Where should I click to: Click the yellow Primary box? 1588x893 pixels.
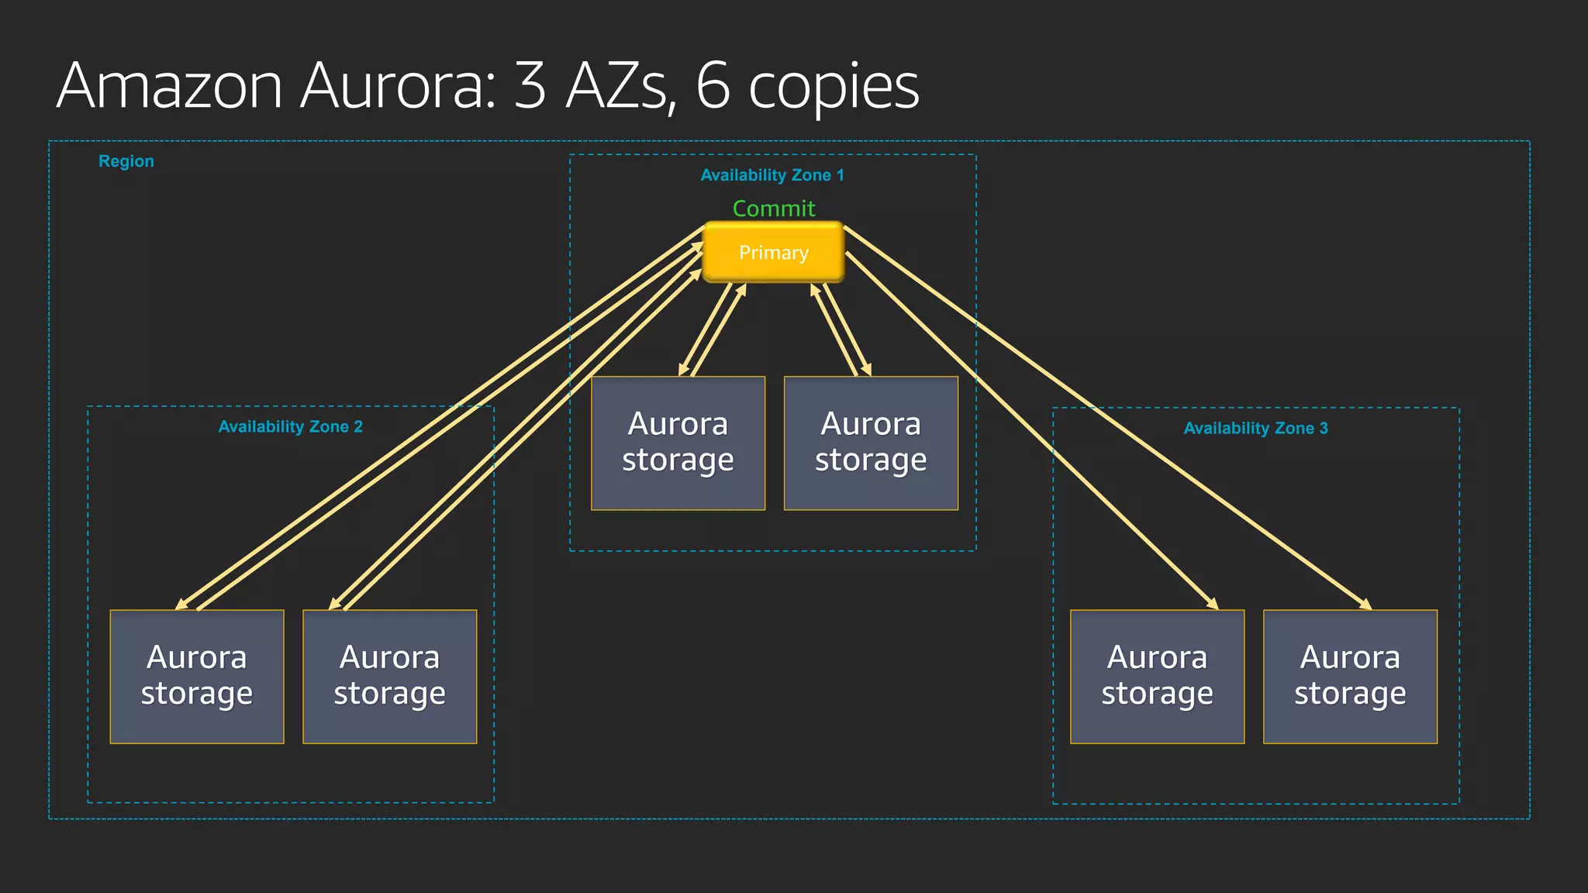(773, 253)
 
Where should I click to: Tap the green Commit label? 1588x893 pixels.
(774, 209)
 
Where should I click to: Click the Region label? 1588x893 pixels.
(126, 161)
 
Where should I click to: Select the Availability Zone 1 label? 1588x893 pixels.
(772, 175)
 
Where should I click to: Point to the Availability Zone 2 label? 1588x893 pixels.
(291, 426)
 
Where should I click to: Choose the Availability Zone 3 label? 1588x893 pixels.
(1255, 428)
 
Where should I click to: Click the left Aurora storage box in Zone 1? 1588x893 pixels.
(678, 443)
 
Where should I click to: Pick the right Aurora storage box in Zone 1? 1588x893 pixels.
(871, 443)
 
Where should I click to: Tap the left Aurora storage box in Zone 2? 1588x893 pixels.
(197, 676)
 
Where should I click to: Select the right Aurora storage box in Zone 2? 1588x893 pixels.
(389, 676)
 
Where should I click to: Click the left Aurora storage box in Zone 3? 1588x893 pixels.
(1157, 676)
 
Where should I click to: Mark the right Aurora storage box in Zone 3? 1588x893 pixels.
(1350, 676)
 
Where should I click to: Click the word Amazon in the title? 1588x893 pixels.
(170, 86)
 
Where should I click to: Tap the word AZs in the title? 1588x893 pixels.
(617, 86)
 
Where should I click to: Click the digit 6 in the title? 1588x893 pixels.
(713, 85)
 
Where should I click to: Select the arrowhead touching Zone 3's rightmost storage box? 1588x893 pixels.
(1366, 605)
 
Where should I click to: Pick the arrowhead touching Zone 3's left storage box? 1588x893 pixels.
(1213, 605)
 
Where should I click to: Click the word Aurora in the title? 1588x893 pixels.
(398, 86)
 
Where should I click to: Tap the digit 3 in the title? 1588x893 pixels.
(530, 85)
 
